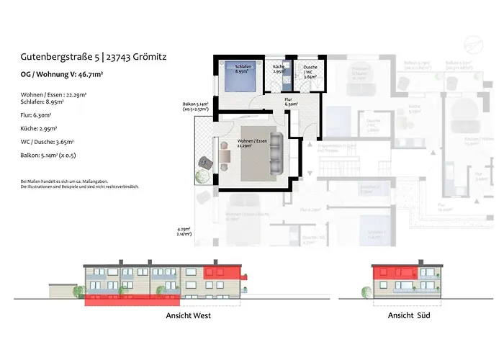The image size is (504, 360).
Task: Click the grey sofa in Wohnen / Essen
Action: click(276, 157)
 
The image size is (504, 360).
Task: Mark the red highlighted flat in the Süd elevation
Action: click(395, 273)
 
